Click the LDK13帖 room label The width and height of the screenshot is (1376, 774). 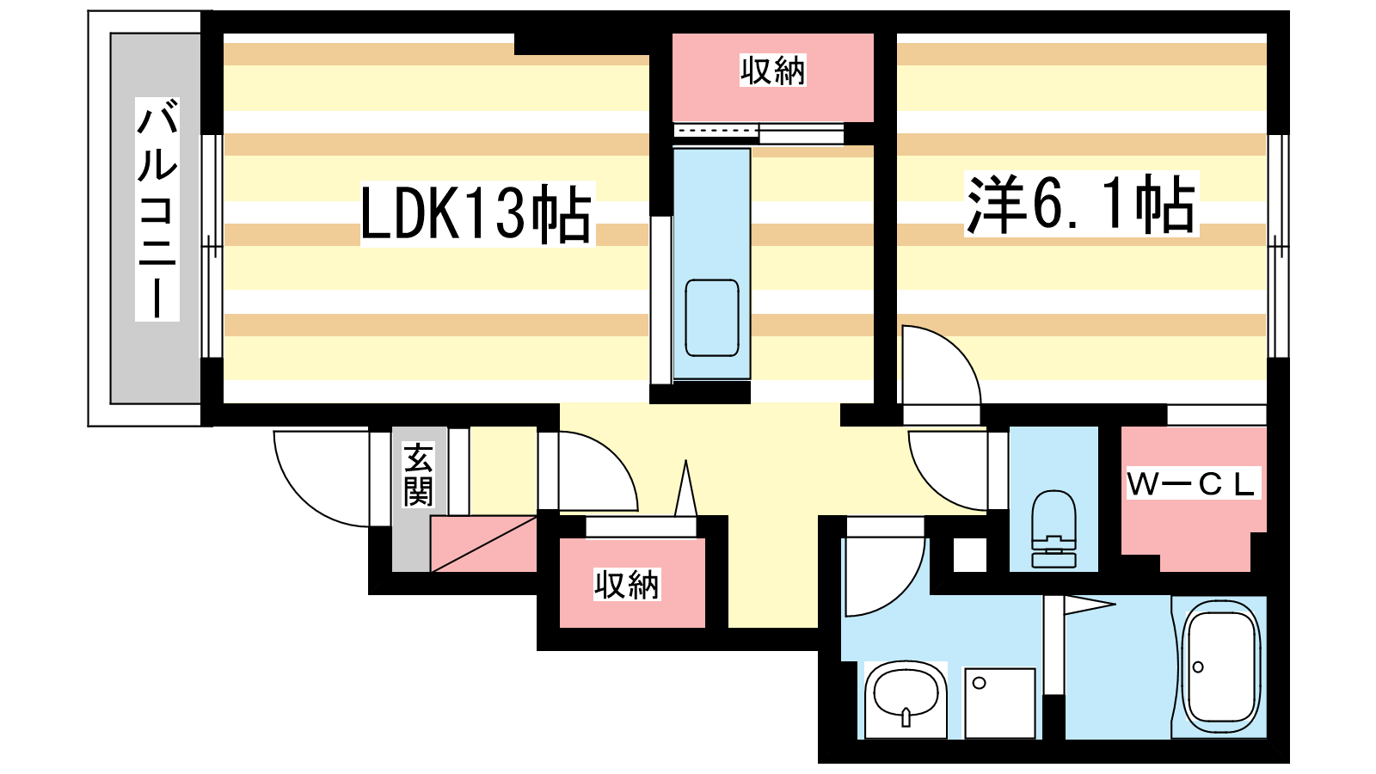(476, 213)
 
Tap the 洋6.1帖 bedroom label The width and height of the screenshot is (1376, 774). (1081, 205)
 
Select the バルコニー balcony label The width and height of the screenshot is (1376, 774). (157, 209)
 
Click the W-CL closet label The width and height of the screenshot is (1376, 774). (1193, 484)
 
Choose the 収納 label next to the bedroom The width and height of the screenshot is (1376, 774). (772, 71)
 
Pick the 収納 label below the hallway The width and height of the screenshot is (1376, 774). (627, 585)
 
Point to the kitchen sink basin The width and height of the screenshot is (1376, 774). (712, 317)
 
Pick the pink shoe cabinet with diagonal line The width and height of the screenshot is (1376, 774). (483, 544)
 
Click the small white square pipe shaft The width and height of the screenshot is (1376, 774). (970, 555)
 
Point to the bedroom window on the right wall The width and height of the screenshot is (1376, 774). (1279, 245)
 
